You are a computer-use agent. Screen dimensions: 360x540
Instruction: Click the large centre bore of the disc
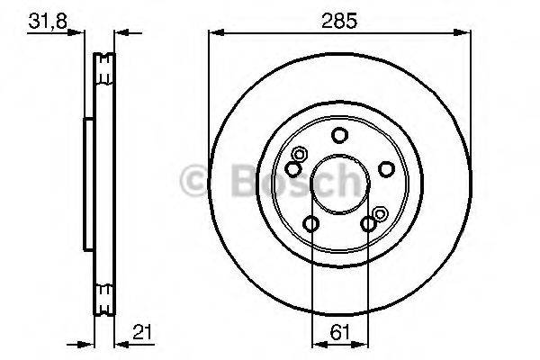click(x=338, y=184)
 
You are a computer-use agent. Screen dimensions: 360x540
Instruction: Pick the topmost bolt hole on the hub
click(x=338, y=136)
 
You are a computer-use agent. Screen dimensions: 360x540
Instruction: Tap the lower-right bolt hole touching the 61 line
click(x=367, y=224)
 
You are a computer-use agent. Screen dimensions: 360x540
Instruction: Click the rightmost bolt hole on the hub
click(x=386, y=168)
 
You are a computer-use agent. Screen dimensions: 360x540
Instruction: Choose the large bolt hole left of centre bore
click(x=293, y=168)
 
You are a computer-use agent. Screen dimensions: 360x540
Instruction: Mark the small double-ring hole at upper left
click(x=298, y=154)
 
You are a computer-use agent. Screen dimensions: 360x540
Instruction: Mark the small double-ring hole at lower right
click(x=380, y=213)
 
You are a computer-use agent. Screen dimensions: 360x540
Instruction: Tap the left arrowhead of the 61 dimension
click(x=315, y=343)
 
